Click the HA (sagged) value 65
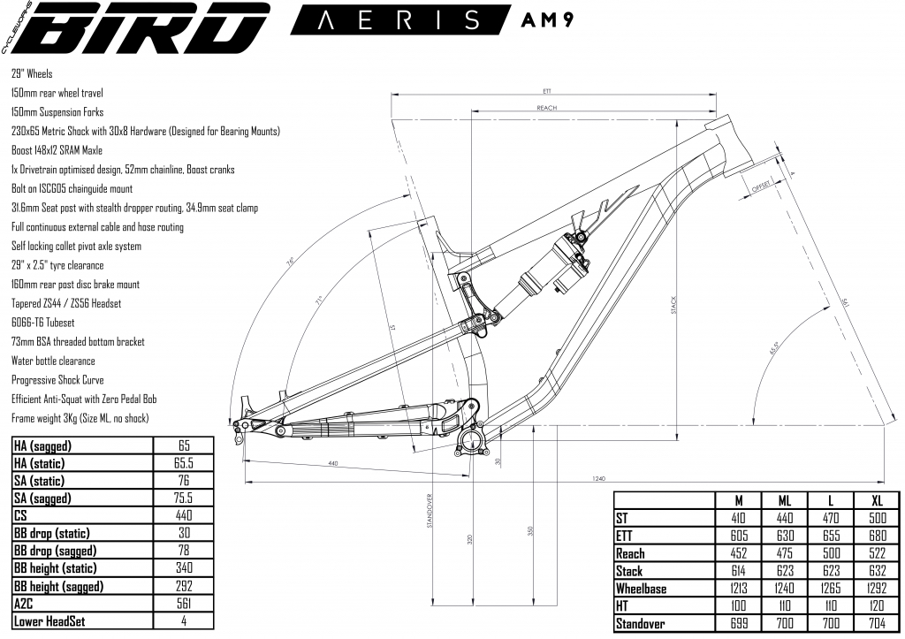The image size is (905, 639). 184,446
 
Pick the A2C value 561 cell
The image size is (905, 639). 184,604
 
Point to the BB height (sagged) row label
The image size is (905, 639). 59,586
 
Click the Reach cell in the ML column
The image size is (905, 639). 783,553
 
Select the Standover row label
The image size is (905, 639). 644,624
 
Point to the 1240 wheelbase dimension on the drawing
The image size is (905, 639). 598,478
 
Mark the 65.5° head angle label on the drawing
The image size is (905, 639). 778,346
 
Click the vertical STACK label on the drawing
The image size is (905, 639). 673,306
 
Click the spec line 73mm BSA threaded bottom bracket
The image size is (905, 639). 78,342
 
